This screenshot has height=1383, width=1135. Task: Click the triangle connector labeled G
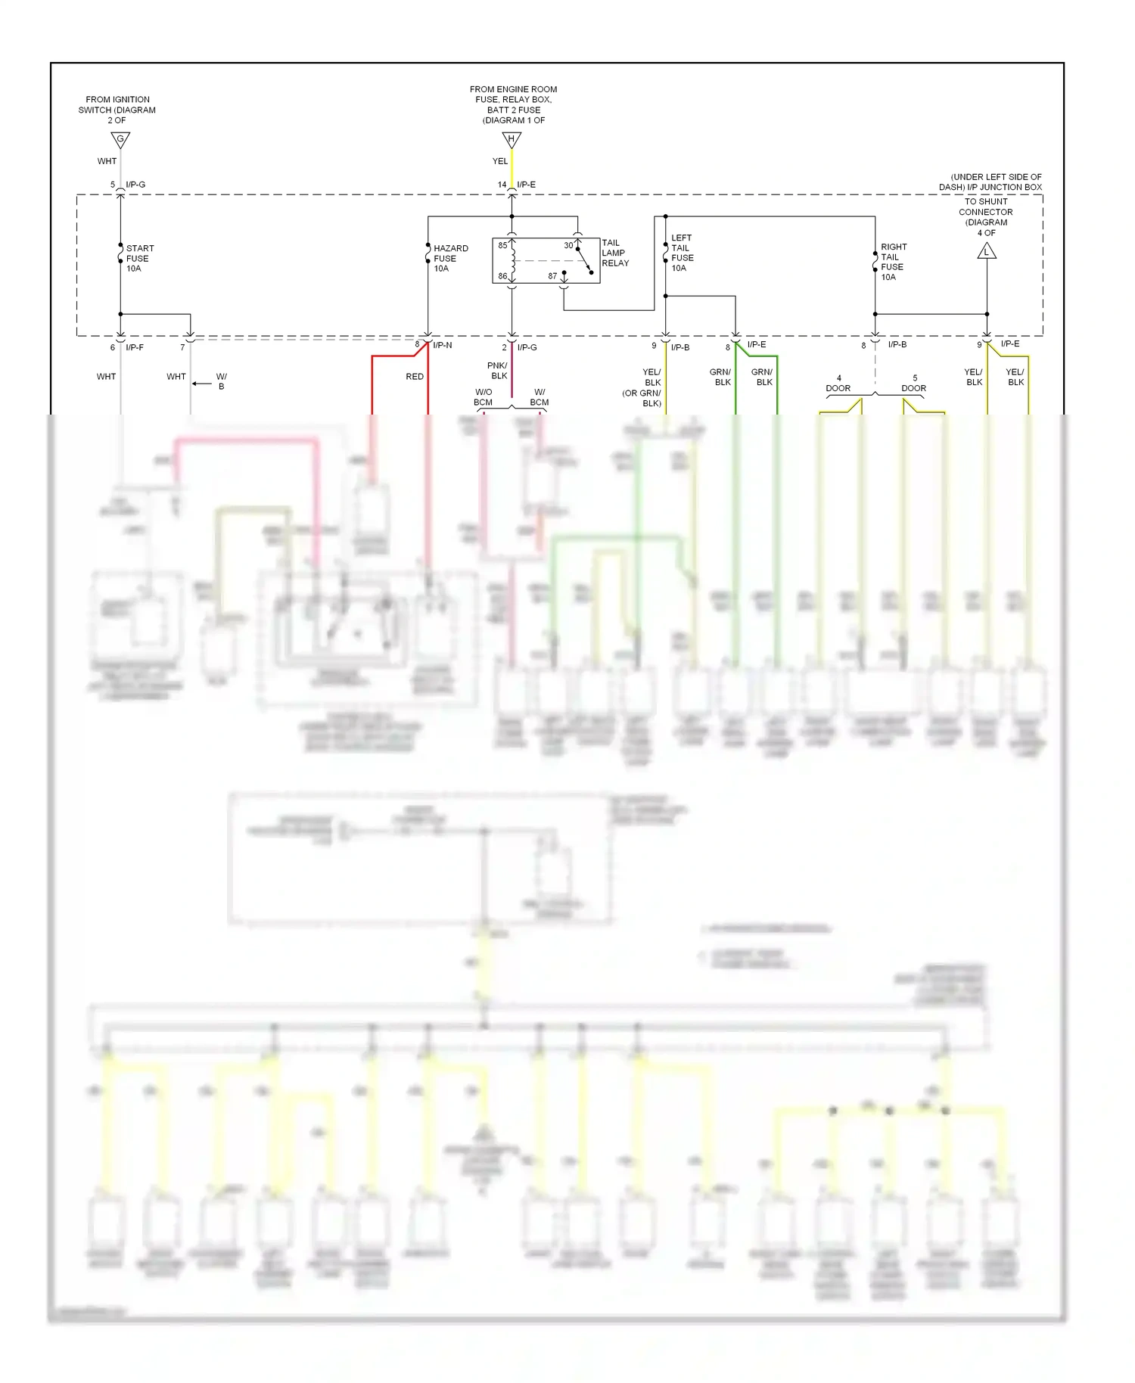[120, 140]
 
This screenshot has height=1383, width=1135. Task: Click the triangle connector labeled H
[512, 140]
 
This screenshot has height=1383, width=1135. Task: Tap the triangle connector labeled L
[987, 251]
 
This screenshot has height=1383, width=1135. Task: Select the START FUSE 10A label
[139, 258]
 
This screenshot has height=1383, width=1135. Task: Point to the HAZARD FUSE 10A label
[450, 258]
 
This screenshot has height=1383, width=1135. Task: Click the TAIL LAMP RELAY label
[614, 253]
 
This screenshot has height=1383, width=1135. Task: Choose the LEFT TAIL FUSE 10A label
[682, 253]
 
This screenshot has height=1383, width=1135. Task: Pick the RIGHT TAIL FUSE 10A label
[893, 262]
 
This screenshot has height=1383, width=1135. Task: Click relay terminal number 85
[502, 245]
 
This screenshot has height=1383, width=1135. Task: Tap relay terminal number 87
[552, 276]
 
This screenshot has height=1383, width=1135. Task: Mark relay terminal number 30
[568, 245]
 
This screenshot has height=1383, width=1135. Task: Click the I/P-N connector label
[443, 345]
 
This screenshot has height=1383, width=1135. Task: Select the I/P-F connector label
[135, 347]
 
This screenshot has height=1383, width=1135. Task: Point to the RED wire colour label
[415, 376]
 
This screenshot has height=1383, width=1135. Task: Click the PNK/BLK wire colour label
[498, 371]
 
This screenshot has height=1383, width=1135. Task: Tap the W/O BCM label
[484, 397]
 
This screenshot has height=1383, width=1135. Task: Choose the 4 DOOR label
[838, 383]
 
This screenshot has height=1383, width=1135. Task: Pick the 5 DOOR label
[914, 383]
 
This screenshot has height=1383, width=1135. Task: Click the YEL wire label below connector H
[500, 161]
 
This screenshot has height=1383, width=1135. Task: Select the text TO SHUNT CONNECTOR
[986, 207]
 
